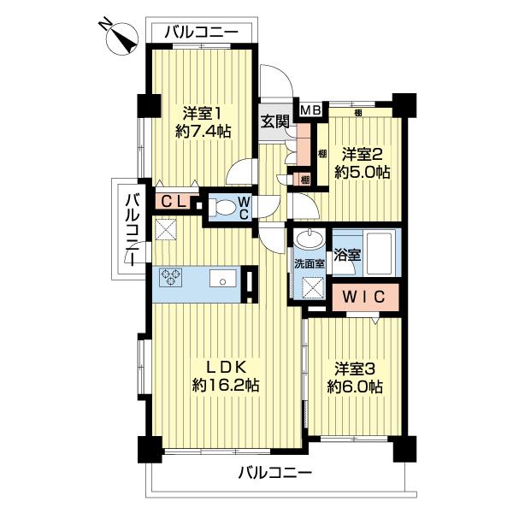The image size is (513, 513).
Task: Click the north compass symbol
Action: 121,38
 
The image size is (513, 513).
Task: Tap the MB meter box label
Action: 310,110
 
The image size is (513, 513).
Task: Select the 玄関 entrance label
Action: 274,122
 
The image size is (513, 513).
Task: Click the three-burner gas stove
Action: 171,277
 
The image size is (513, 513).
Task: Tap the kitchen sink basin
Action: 223,279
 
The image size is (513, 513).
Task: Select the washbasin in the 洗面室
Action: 310,239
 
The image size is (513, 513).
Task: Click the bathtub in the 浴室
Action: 380,254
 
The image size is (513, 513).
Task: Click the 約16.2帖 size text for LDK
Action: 226,386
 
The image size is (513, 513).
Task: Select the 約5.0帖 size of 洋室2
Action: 363,172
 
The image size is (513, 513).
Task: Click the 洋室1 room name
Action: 202,114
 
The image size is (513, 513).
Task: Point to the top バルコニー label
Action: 201,32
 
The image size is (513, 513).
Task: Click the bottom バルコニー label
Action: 275,473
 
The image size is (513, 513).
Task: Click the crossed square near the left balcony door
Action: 166,229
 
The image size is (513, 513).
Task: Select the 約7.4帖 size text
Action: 203,132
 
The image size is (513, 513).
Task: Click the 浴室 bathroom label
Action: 347,255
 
